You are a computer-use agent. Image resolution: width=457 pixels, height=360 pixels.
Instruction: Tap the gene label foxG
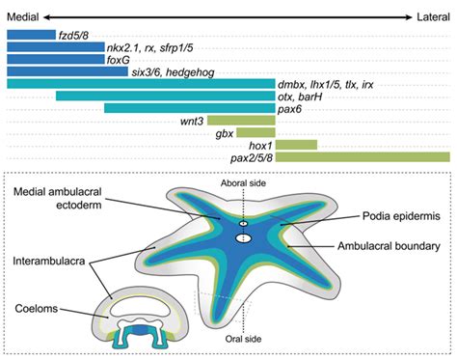120,58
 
